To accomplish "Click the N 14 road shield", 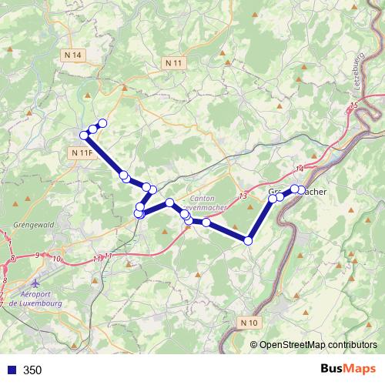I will [x=73, y=55].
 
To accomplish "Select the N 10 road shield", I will [x=249, y=322].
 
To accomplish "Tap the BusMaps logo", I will [x=347, y=370].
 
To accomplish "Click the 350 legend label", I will [x=32, y=370].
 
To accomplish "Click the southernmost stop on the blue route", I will [x=248, y=241].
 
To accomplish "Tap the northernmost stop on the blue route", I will [x=102, y=124].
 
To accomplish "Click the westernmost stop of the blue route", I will [x=84, y=136].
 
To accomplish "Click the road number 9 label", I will [x=37, y=254].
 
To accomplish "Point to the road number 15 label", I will [x=353, y=105].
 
